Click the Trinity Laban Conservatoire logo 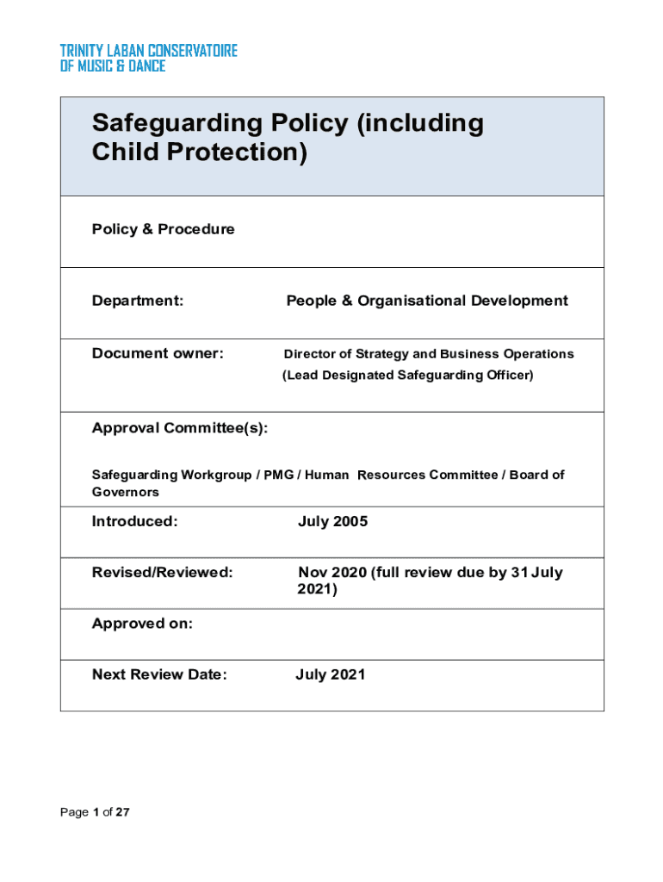click(x=148, y=58)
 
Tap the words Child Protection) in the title click(x=199, y=152)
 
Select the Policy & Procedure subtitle click(x=163, y=229)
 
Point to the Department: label click(x=138, y=301)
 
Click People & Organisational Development click(x=427, y=301)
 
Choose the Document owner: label click(x=158, y=353)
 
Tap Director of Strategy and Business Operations click(x=429, y=354)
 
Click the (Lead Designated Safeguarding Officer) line click(x=408, y=375)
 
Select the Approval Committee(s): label click(x=180, y=429)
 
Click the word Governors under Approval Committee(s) click(x=126, y=492)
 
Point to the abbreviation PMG click(x=278, y=475)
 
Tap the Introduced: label click(x=134, y=521)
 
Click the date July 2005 click(x=332, y=521)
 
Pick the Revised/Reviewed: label click(x=162, y=573)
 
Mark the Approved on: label click(x=142, y=624)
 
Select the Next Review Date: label click(x=159, y=674)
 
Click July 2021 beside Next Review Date click(x=330, y=674)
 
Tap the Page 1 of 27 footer click(x=95, y=812)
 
